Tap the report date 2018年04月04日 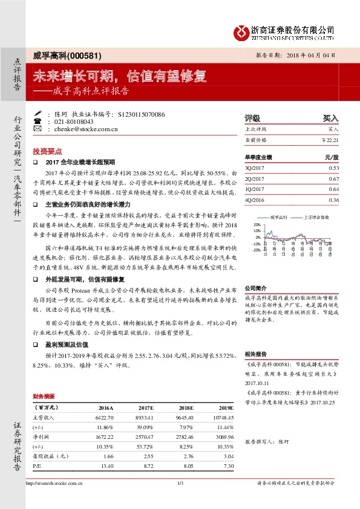click(x=309, y=54)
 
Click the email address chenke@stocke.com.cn click(x=86, y=129)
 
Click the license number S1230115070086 click(x=141, y=114)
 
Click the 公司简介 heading click(x=255, y=289)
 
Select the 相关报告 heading click(x=255, y=353)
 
